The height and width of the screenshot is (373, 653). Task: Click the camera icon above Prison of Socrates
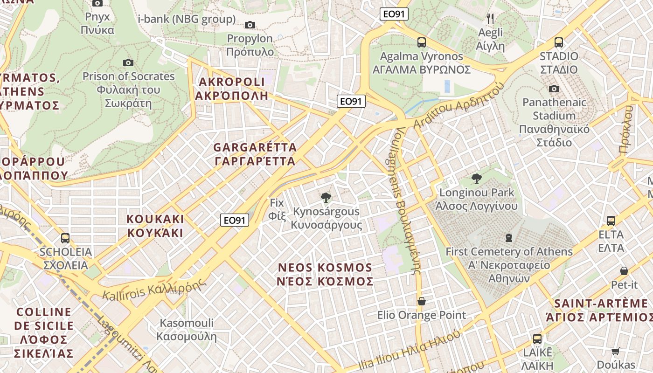pyautogui.click(x=128, y=62)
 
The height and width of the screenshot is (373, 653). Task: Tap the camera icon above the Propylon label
pyautogui.click(x=250, y=25)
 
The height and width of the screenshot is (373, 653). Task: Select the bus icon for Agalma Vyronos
pyautogui.click(x=422, y=42)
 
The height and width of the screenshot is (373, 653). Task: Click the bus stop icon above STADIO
pyautogui.click(x=559, y=42)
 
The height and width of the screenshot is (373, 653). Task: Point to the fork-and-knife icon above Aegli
pyautogui.click(x=490, y=19)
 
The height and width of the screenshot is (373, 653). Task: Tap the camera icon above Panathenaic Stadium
pyautogui.click(x=554, y=89)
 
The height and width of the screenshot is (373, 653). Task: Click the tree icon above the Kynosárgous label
pyautogui.click(x=326, y=198)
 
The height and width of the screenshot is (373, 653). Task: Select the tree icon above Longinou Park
pyautogui.click(x=477, y=179)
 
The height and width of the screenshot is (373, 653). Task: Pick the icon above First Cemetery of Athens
pyautogui.click(x=509, y=238)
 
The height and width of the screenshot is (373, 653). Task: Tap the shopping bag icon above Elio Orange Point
pyautogui.click(x=422, y=301)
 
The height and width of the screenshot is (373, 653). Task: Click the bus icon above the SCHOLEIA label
pyautogui.click(x=65, y=238)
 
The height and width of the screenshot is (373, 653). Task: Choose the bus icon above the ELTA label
pyautogui.click(x=611, y=221)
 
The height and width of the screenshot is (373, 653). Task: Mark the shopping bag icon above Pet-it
pyautogui.click(x=624, y=271)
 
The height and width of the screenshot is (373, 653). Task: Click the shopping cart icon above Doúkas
pyautogui.click(x=616, y=351)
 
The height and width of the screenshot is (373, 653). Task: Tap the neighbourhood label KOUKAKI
pyautogui.click(x=155, y=226)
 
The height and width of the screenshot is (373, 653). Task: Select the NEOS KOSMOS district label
pyautogui.click(x=325, y=274)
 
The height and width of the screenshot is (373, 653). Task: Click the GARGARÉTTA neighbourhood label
pyautogui.click(x=255, y=154)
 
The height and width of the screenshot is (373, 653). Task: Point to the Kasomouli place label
pyautogui.click(x=187, y=329)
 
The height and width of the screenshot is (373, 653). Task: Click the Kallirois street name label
pyautogui.click(x=154, y=290)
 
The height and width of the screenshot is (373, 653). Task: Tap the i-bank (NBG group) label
pyautogui.click(x=187, y=19)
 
